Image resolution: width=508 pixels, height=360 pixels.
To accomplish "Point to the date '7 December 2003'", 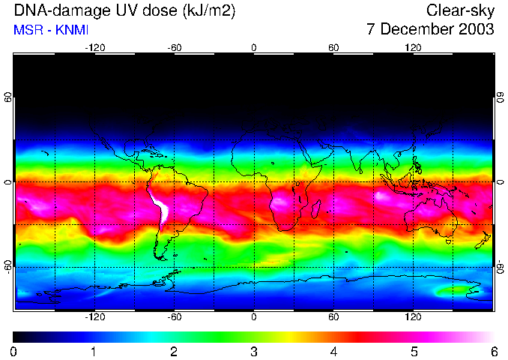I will (x=430, y=30).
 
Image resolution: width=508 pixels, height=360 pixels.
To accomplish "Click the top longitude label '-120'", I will (x=94, y=47).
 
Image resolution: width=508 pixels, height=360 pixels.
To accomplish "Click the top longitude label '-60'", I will (x=175, y=47).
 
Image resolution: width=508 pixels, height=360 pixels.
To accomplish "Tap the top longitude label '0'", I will (x=254, y=47).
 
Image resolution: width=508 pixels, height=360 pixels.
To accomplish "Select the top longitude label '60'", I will (x=333, y=47).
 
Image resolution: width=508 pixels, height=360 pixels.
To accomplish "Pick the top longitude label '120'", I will (x=413, y=47).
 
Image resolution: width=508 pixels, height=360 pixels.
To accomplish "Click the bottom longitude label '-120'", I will (x=94, y=317).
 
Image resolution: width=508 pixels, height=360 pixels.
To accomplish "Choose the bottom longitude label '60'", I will (x=333, y=317).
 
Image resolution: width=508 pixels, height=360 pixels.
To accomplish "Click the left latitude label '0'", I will (x=7, y=182).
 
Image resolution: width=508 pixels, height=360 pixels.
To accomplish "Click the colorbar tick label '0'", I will (x=13, y=351).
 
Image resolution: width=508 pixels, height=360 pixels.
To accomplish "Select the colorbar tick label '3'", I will (x=253, y=351).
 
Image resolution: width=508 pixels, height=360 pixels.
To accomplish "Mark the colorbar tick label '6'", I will (x=494, y=351).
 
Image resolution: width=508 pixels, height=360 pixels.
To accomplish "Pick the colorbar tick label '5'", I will (x=414, y=351).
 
